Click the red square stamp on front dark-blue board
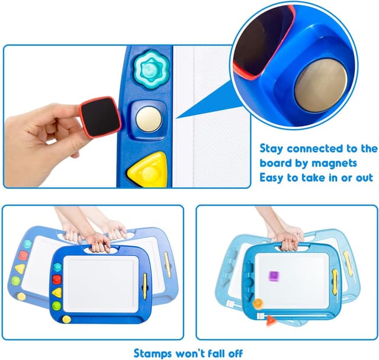57,279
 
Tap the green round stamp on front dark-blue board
57,306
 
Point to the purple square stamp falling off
274,276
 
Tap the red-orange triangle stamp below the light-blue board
272,321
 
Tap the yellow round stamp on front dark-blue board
66,319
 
